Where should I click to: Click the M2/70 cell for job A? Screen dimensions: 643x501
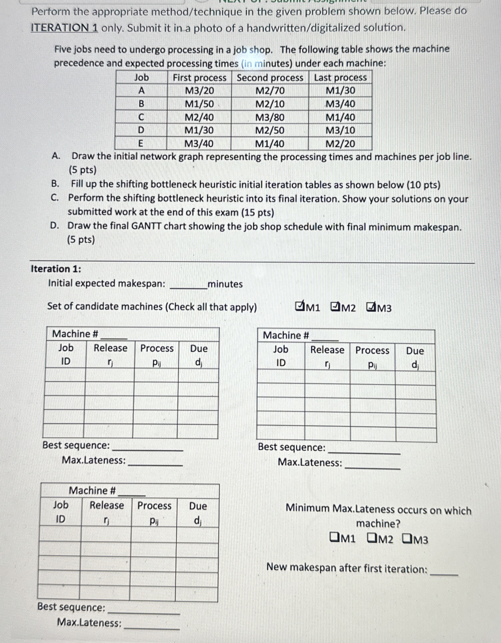pyautogui.click(x=270, y=90)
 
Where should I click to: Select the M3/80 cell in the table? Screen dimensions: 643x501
pyautogui.click(x=270, y=117)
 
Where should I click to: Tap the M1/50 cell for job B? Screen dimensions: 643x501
pyautogui.click(x=199, y=104)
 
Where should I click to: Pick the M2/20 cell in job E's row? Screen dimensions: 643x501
pyautogui.click(x=340, y=144)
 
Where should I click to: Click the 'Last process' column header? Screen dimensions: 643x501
pyautogui.click(x=340, y=78)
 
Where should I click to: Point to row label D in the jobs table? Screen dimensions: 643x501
pyautogui.click(x=141, y=130)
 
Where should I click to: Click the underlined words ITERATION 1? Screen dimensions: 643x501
pyautogui.click(x=65, y=28)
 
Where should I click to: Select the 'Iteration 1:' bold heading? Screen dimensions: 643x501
pyautogui.click(x=56, y=269)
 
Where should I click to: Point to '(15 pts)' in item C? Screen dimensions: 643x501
pyautogui.click(x=258, y=213)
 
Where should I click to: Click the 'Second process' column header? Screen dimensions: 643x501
pyautogui.click(x=270, y=78)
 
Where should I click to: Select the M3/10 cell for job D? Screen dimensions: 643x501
pyautogui.click(x=340, y=130)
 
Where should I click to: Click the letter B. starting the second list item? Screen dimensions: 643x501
pyautogui.click(x=55, y=184)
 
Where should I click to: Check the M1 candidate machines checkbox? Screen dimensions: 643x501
pyautogui.click(x=299, y=306)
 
